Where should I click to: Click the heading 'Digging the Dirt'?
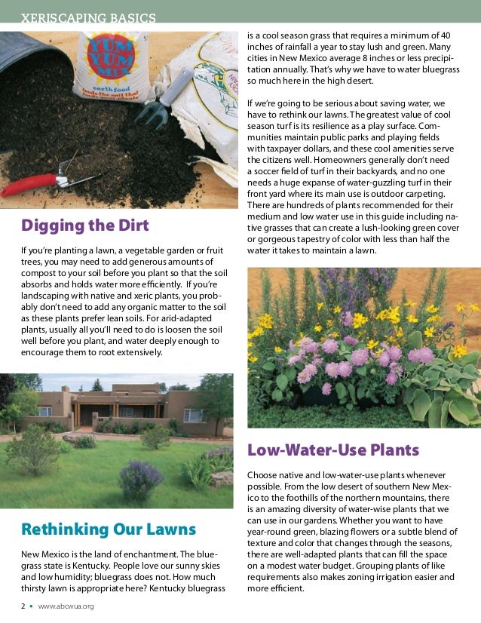pyautogui.click(x=84, y=225)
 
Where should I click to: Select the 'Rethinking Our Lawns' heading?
pyautogui.click(x=109, y=529)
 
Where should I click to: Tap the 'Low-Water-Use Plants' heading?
pyautogui.click(x=332, y=450)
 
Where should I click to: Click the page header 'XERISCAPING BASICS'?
pyautogui.click(x=89, y=17)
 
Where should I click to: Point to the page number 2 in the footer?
pyautogui.click(x=23, y=606)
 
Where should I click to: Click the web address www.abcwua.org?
pyautogui.click(x=66, y=606)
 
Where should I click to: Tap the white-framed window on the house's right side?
pyautogui.click(x=194, y=416)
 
